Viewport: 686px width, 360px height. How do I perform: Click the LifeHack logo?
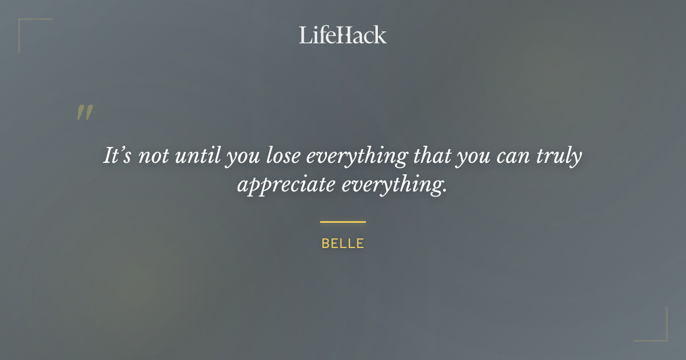(x=343, y=35)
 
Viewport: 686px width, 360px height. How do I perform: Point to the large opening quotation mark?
(x=85, y=113)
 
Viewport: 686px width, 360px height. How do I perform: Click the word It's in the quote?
(x=117, y=155)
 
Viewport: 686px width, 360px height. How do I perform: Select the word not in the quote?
(x=153, y=156)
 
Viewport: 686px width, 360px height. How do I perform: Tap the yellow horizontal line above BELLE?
(x=343, y=222)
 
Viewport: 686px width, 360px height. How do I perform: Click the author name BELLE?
(x=343, y=243)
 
